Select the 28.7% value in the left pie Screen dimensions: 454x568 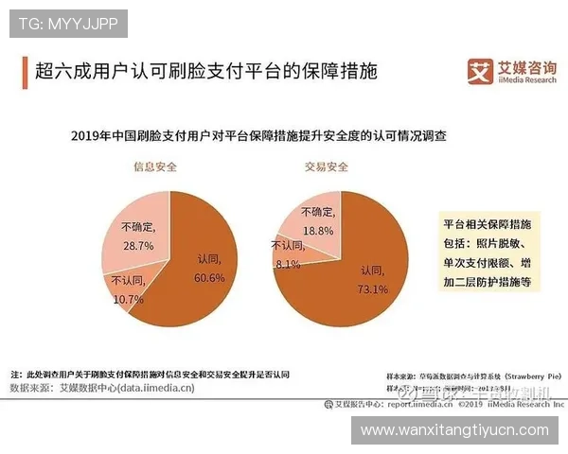click(x=139, y=244)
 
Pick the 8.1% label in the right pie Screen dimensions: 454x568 click(x=288, y=266)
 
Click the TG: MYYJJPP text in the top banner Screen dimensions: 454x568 click(x=68, y=24)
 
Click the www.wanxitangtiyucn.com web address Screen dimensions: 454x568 click(x=455, y=430)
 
